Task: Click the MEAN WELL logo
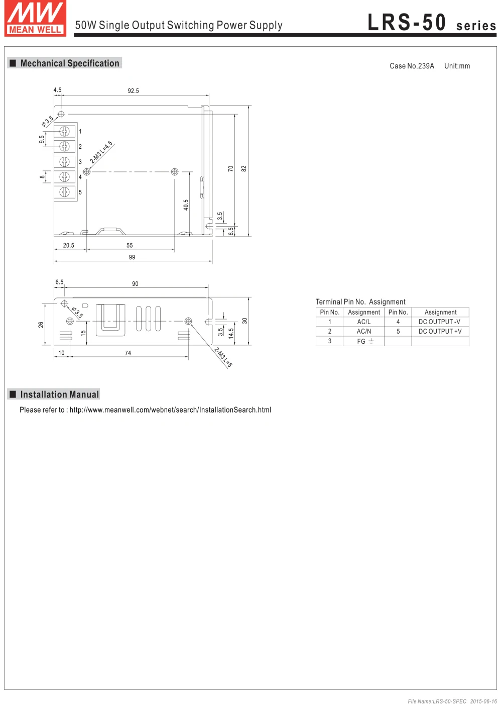point(35,19)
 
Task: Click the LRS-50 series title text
point(431,23)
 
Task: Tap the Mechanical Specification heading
point(69,63)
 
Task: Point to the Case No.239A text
point(412,66)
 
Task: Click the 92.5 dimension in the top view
point(133,91)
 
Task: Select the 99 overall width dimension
point(132,257)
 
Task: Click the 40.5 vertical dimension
point(186,205)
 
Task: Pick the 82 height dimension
point(244,169)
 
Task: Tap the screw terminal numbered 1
point(64,131)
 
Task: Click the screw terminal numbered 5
point(64,192)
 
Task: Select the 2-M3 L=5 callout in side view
point(223,357)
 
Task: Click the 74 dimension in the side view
point(128,353)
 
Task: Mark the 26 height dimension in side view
point(41,325)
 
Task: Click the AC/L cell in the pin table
point(364,322)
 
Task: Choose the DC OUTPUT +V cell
point(440,332)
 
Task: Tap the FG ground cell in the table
point(365,342)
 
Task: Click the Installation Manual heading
point(59,395)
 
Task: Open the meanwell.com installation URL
point(170,410)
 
